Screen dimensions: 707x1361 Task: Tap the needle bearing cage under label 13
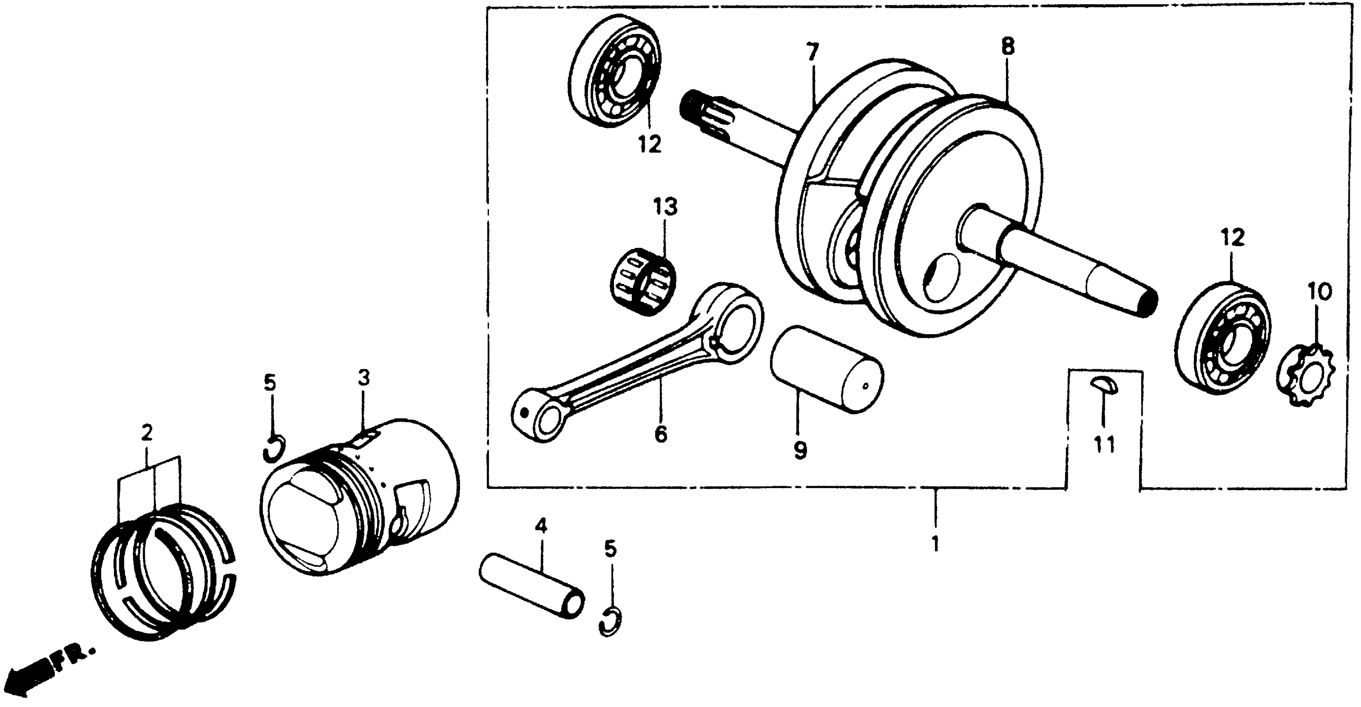click(640, 283)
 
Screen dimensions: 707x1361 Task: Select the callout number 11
click(1104, 445)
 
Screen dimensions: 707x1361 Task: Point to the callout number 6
click(661, 434)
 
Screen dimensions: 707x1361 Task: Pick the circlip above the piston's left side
click(274, 448)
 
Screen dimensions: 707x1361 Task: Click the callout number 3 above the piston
click(364, 378)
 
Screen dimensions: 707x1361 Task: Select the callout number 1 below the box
click(935, 544)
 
